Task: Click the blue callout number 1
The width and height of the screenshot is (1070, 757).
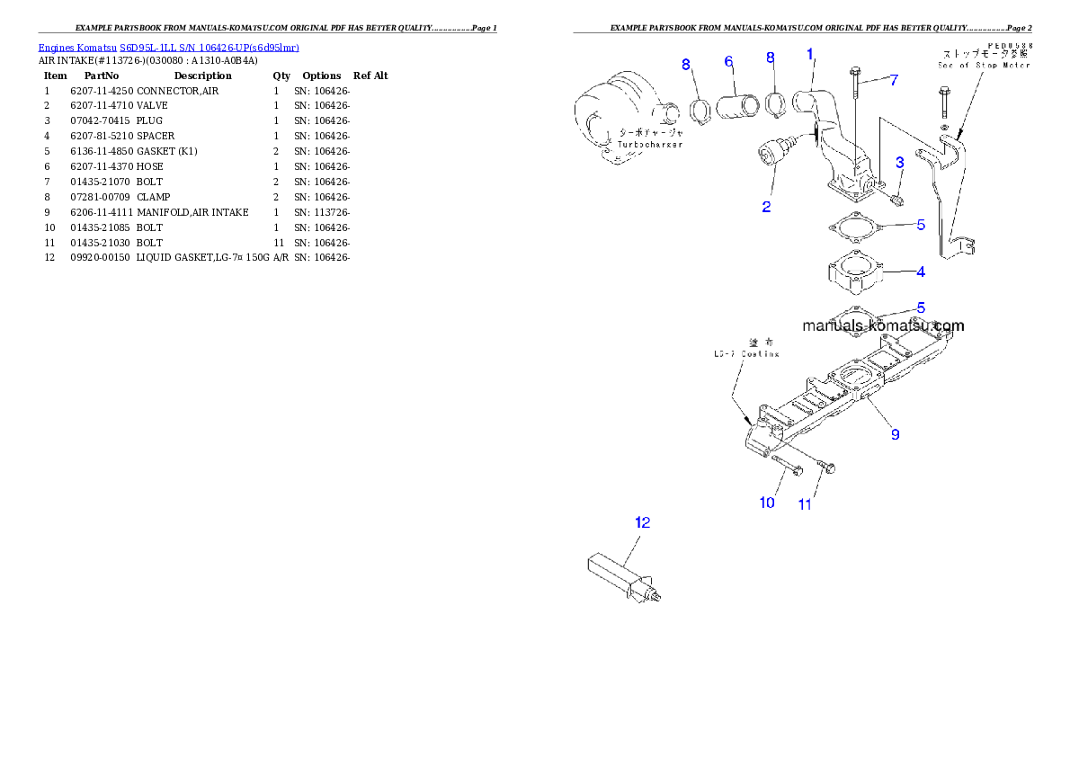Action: pyautogui.click(x=810, y=55)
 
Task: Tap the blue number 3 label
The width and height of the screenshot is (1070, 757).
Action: pyautogui.click(x=899, y=163)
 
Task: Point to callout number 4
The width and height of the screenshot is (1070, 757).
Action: pyautogui.click(x=921, y=271)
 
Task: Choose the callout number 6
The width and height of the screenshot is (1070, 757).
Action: pyautogui.click(x=729, y=61)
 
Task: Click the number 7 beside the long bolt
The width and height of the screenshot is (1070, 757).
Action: pyautogui.click(x=894, y=80)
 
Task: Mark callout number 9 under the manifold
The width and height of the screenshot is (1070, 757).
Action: pyautogui.click(x=895, y=434)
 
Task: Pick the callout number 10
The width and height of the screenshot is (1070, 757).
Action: pyautogui.click(x=767, y=503)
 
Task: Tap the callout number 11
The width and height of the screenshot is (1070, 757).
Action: pyautogui.click(x=805, y=504)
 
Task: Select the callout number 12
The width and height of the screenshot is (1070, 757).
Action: pyautogui.click(x=642, y=521)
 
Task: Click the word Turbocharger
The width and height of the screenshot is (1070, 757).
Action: pyautogui.click(x=650, y=144)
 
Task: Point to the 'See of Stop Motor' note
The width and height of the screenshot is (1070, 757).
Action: pyautogui.click(x=985, y=66)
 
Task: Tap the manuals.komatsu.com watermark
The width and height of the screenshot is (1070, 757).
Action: pyautogui.click(x=883, y=326)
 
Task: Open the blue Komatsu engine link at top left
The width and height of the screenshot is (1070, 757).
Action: pyautogui.click(x=168, y=47)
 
